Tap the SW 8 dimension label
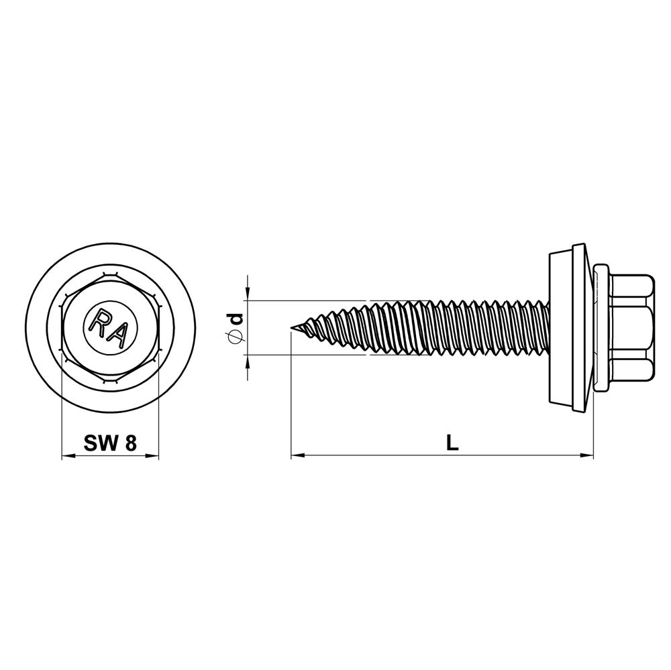[x=110, y=443]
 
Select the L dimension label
[x=453, y=443]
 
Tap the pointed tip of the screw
[x=293, y=328]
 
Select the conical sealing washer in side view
[x=570, y=328]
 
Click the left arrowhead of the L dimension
[x=296, y=456]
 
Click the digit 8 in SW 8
[x=131, y=443]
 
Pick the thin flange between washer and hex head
[x=602, y=328]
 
